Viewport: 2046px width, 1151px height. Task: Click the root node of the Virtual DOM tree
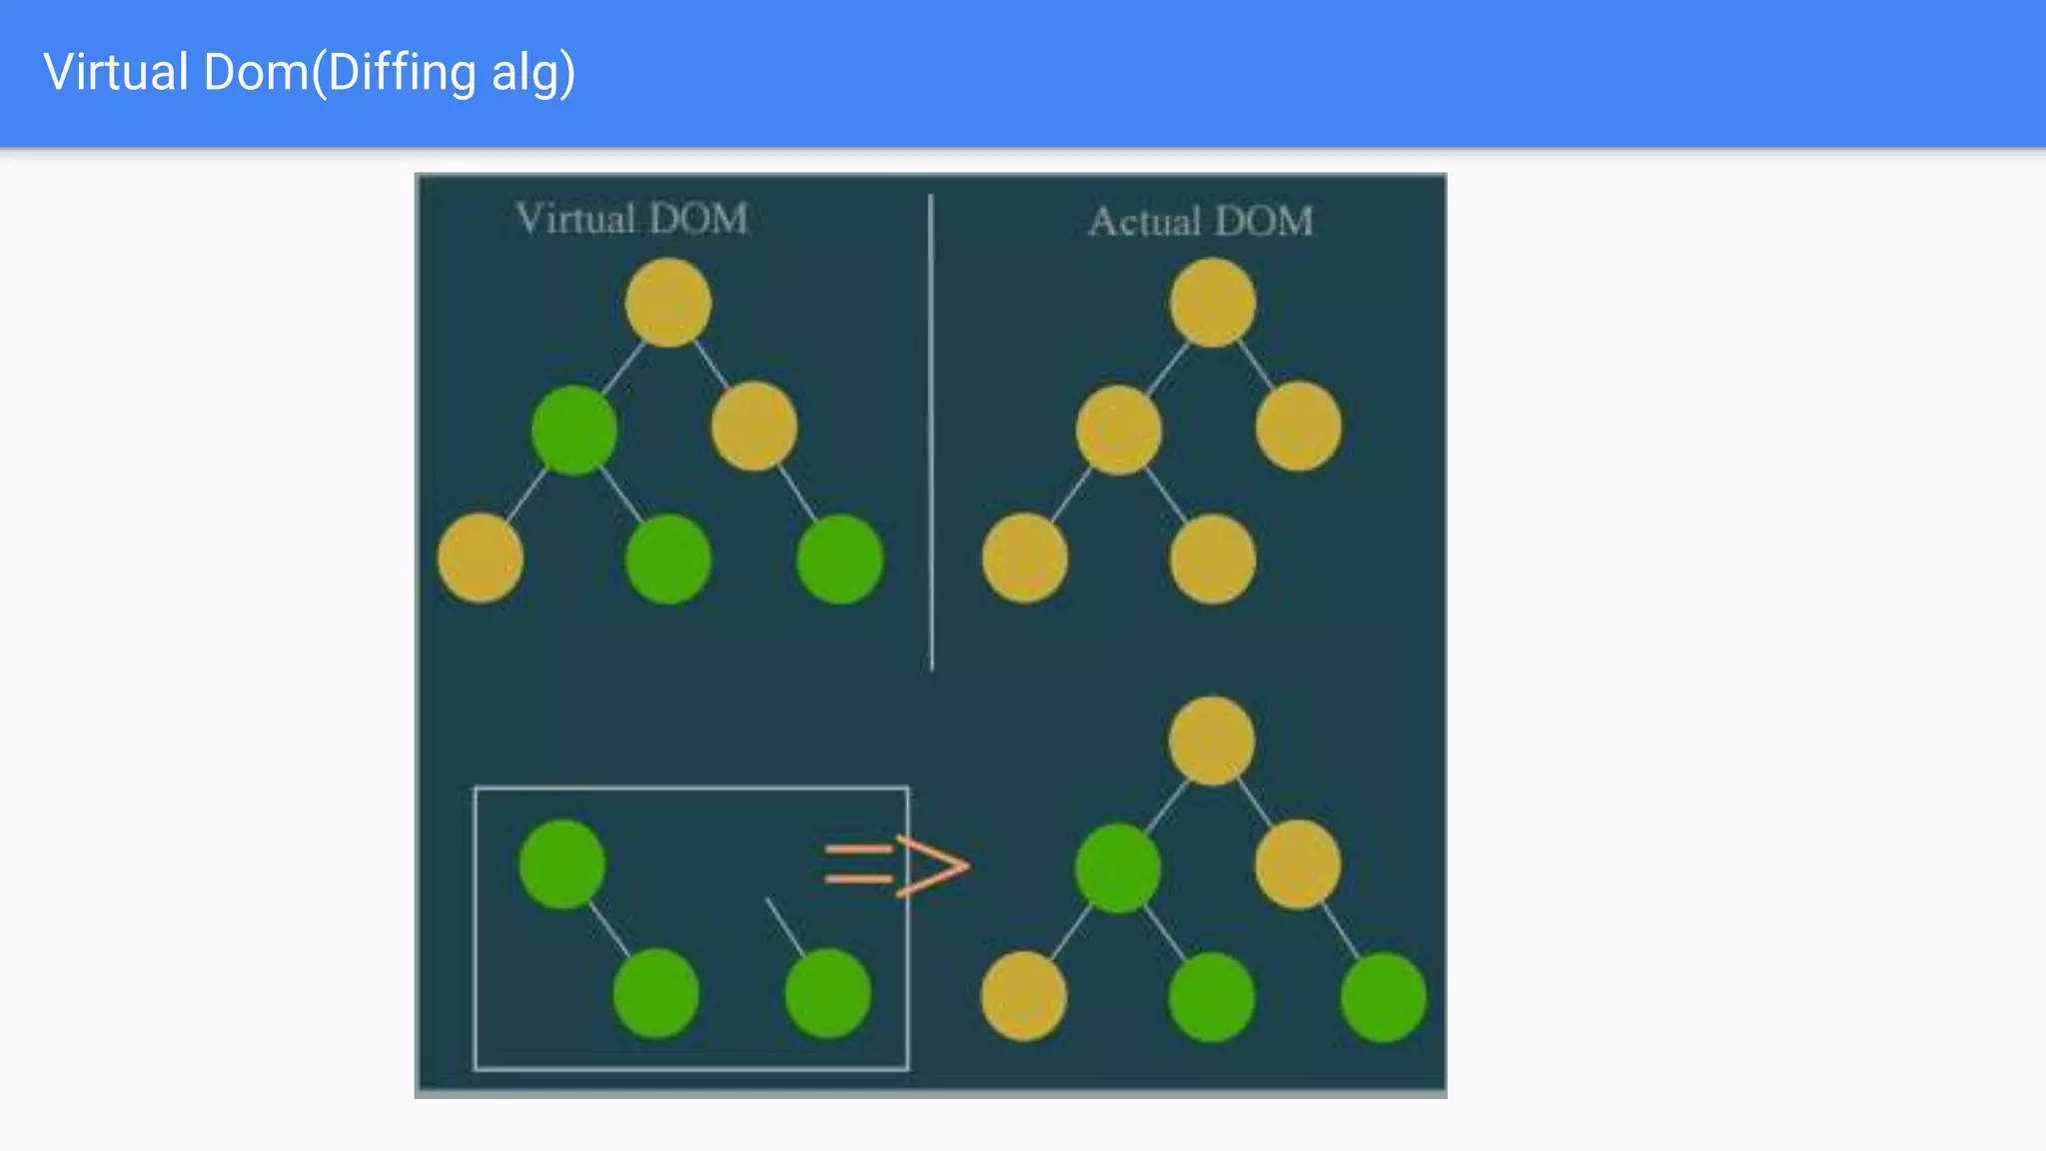[667, 302]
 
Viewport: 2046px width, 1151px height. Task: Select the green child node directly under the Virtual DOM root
[573, 430]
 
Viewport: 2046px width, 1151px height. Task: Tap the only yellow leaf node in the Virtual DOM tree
[481, 558]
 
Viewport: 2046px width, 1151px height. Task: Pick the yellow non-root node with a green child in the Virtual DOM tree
[754, 426]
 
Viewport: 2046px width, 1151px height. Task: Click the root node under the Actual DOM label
[1212, 302]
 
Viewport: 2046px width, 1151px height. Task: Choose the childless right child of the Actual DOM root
[1298, 426]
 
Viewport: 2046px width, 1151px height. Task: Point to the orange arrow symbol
[896, 864]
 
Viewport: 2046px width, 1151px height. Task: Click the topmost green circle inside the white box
[562, 864]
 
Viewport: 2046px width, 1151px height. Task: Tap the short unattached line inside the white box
[784, 926]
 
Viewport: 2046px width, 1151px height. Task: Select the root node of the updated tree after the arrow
[1211, 740]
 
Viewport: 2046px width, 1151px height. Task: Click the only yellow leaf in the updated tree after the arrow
[1023, 995]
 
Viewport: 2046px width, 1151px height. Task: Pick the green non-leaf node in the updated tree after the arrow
[1118, 867]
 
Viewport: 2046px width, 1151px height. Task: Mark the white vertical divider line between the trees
[931, 430]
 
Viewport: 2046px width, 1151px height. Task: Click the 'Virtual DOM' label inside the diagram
[631, 219]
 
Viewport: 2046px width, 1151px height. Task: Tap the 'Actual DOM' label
[1200, 221]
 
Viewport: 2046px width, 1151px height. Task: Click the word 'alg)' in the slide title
[532, 73]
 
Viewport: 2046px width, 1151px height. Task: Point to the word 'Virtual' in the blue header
[116, 73]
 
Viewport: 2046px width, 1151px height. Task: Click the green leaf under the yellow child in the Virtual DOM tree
[839, 559]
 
